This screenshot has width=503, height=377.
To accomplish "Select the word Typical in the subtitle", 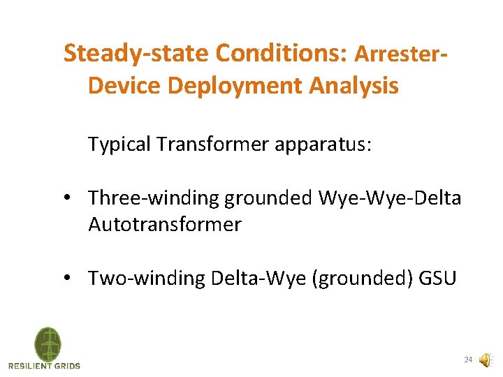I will (119, 145).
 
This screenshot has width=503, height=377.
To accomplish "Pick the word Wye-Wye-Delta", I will (390, 198).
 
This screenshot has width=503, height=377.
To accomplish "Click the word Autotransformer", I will (165, 225).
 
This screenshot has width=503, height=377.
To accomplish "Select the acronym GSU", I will (437, 279).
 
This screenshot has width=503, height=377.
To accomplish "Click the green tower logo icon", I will (48, 344).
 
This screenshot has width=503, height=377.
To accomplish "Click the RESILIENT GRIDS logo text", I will (45, 365).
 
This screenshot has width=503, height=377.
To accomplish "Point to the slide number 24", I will (468, 360).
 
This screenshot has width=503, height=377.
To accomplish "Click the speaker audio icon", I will (486, 360).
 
